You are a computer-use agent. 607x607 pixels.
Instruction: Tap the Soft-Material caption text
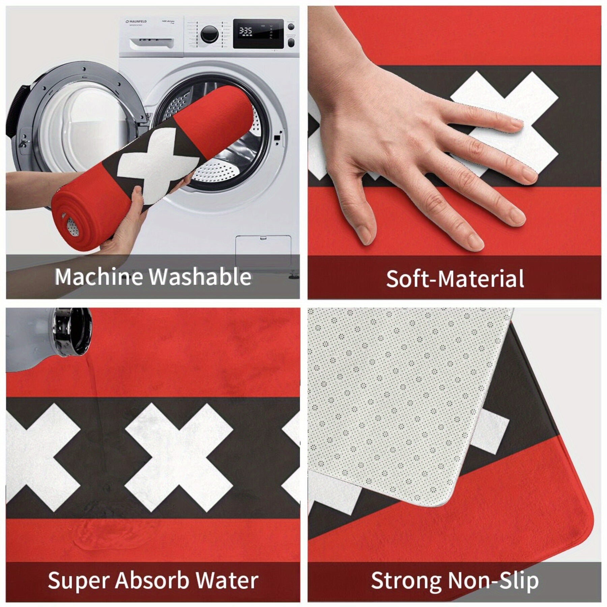(455, 279)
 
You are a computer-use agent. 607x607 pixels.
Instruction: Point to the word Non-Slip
(493, 580)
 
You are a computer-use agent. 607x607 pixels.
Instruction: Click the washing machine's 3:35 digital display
(246, 31)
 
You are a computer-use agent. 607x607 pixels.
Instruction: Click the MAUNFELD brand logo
(136, 22)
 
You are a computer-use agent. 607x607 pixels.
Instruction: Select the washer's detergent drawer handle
(152, 43)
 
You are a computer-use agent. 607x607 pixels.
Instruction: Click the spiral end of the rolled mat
(69, 223)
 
